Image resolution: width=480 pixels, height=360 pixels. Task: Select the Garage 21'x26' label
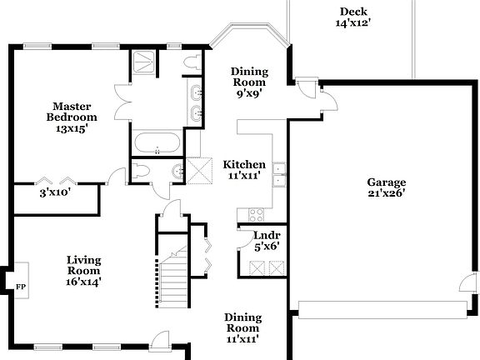[386, 188]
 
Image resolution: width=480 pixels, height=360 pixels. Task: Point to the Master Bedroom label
[72, 117]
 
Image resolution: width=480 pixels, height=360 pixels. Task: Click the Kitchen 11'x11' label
[244, 170]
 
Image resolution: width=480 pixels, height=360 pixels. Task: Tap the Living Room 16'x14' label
[84, 271]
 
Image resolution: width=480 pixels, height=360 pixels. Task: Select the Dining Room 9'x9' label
[248, 82]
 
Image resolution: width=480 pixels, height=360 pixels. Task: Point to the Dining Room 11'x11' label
[242, 328]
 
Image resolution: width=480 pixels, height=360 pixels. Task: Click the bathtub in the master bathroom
[157, 142]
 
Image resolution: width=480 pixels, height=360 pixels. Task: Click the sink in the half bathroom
[177, 172]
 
